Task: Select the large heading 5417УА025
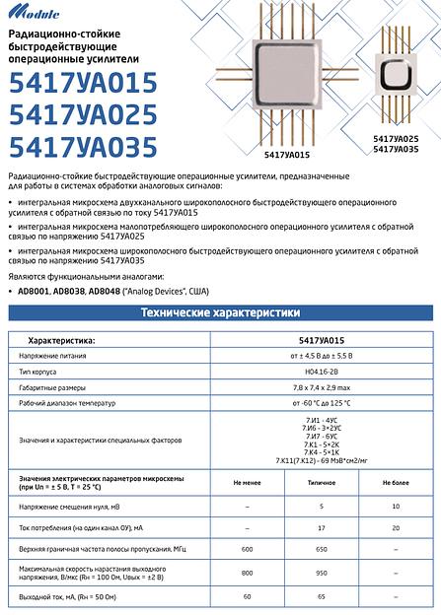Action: click(82, 115)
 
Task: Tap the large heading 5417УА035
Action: click(82, 147)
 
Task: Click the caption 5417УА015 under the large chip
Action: click(287, 155)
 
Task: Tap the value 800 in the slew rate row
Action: click(248, 573)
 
